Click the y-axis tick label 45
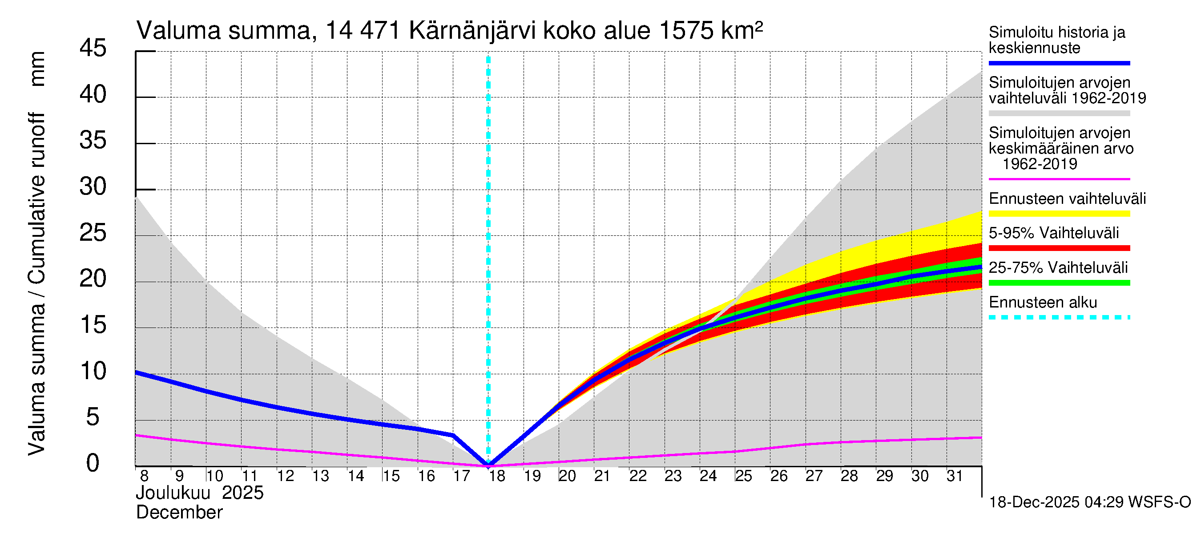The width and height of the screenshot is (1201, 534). point(93,48)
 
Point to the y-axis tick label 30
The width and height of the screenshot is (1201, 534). point(93,186)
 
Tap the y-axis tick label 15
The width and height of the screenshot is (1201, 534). point(93,325)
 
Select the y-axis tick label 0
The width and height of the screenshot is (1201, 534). point(93,463)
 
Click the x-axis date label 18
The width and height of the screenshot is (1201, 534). point(497,476)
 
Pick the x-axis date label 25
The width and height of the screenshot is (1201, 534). point(744,476)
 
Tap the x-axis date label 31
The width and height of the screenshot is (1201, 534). point(955,476)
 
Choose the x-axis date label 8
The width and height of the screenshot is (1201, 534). point(144,476)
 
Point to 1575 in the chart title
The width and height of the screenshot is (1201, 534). point(686,31)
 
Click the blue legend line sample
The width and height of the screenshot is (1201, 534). point(1059,63)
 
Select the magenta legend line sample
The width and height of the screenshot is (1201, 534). point(1059,179)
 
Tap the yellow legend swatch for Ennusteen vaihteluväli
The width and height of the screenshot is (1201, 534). point(1059,214)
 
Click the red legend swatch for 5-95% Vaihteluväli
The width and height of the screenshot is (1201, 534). point(1059,248)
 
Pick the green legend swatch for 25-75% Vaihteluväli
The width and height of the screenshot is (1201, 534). point(1059,283)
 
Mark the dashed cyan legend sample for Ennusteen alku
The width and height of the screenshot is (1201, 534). point(1059,318)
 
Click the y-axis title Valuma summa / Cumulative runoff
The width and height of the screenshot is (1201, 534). point(36,284)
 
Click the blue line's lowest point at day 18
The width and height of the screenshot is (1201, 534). point(488,465)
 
